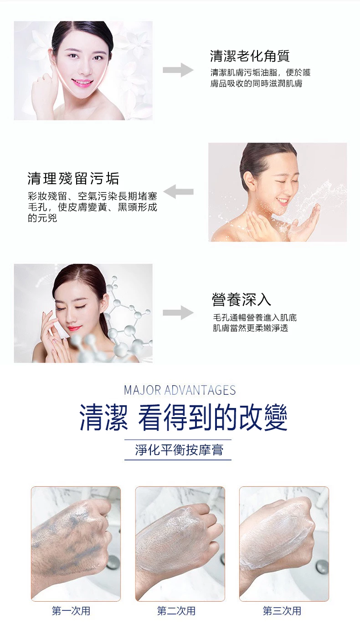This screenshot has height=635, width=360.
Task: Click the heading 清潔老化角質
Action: pyautogui.click(x=250, y=56)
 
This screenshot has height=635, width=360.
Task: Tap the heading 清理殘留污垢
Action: pyautogui.click(x=73, y=178)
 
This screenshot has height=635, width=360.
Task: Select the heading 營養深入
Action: pyautogui.click(x=242, y=299)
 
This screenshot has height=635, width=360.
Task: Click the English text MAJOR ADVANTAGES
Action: pyautogui.click(x=180, y=390)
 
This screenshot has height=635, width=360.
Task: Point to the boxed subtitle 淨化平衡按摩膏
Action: pyautogui.click(x=179, y=450)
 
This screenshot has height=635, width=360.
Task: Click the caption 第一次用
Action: pyautogui.click(x=71, y=611)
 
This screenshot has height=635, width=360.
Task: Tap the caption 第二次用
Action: pyautogui.click(x=176, y=611)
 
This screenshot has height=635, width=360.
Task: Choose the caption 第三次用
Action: pyautogui.click(x=282, y=611)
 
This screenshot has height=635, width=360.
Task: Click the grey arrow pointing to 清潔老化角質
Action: pyautogui.click(x=178, y=70)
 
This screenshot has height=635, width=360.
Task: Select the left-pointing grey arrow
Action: pyautogui.click(x=178, y=191)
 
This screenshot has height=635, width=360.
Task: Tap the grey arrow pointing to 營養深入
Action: pyautogui.click(x=178, y=313)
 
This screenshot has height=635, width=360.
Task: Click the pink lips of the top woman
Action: pyautogui.click(x=82, y=83)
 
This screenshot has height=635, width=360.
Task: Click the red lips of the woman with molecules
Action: pyautogui.click(x=75, y=329)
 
